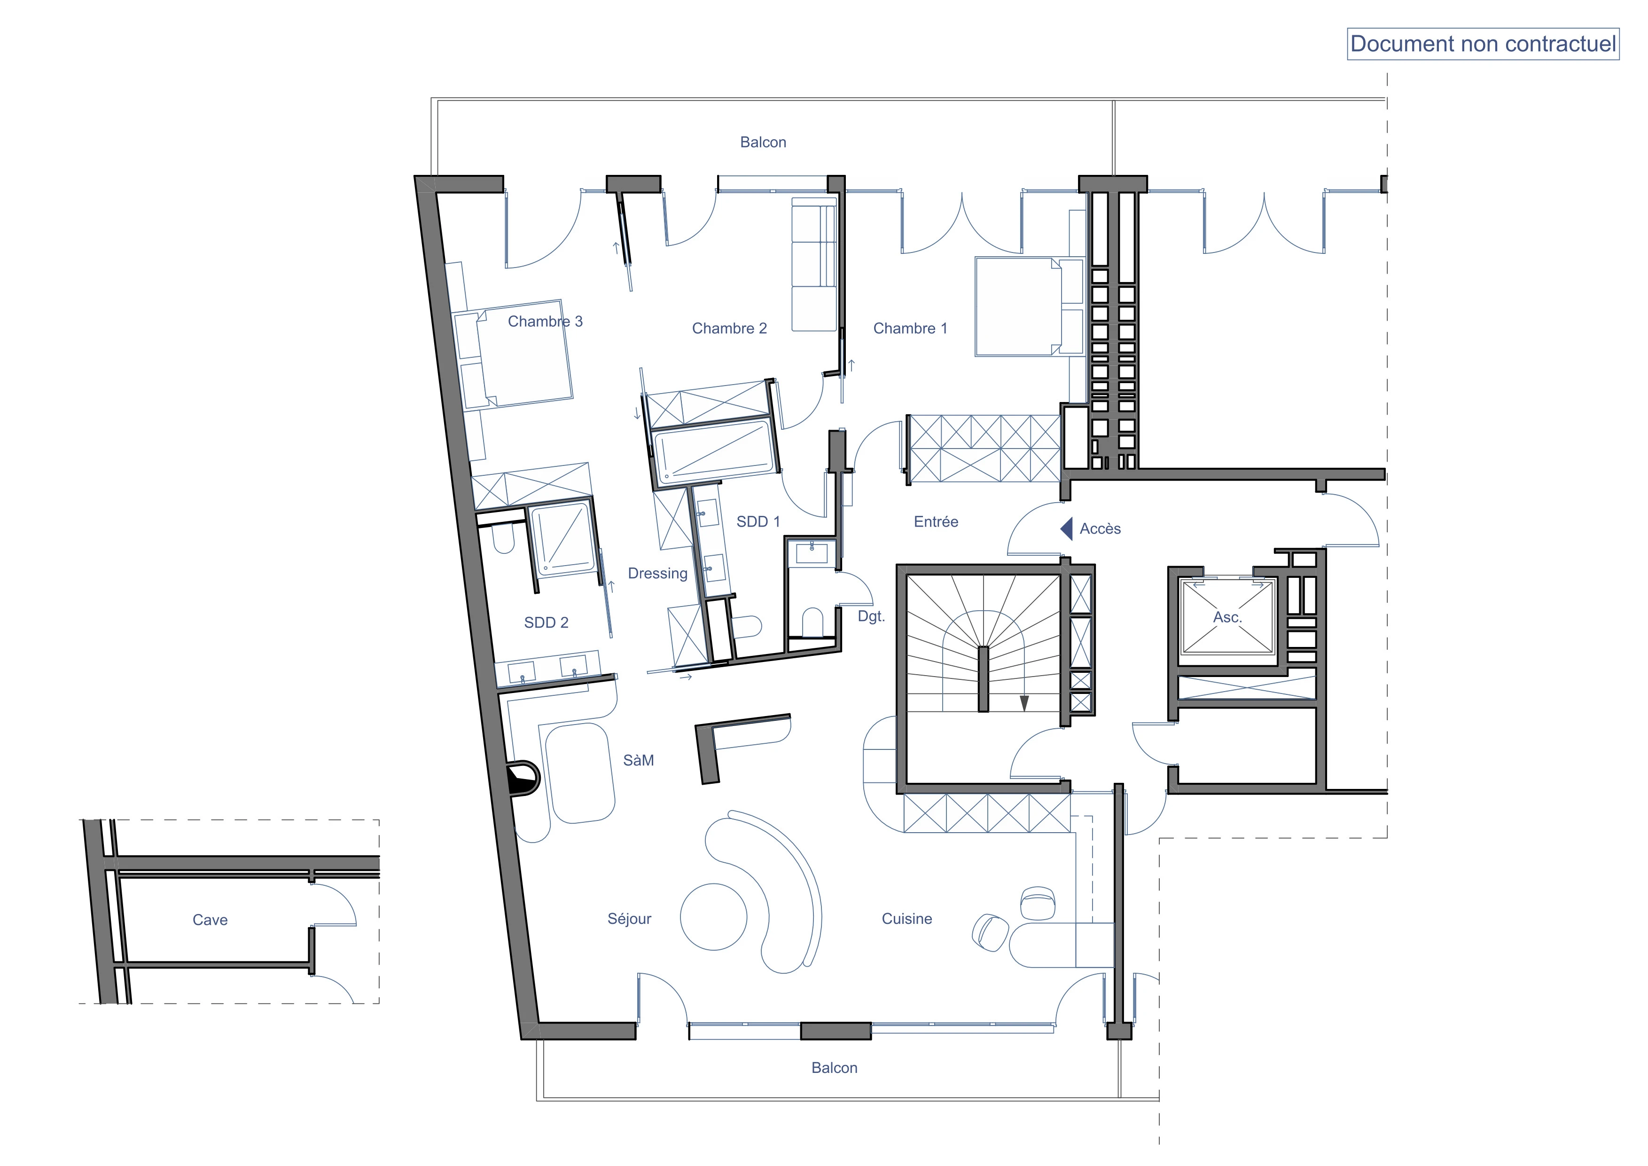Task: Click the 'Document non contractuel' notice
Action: pos(1483,44)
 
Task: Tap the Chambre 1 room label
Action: pos(910,328)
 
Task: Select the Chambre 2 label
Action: pos(729,328)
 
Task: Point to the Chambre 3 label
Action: pos(546,321)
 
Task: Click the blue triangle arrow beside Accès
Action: pos(1067,528)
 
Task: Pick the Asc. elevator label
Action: pos(1227,617)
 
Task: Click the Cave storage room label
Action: pos(211,920)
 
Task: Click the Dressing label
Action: pos(657,574)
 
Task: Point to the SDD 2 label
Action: pos(546,622)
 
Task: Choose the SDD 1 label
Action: pos(758,521)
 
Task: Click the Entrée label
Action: pos(936,521)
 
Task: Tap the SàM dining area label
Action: pos(638,760)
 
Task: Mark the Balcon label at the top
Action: pos(763,142)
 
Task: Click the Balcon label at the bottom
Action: pos(834,1068)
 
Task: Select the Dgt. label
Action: pos(871,616)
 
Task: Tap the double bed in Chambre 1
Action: pos(1029,307)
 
